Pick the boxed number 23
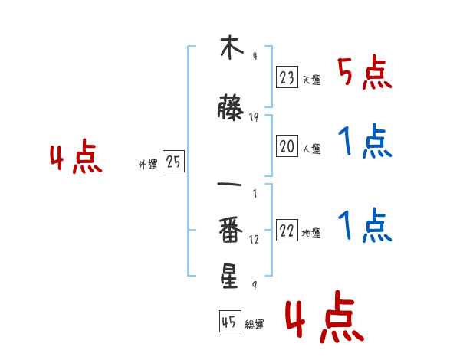287,77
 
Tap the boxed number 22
287,231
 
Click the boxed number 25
173,162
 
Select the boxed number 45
230,322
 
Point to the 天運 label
311,80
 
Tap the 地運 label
311,234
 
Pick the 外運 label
148,164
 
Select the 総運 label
254,324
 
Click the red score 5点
364,73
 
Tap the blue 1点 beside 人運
364,142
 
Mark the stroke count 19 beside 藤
254,117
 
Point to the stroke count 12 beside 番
254,240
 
